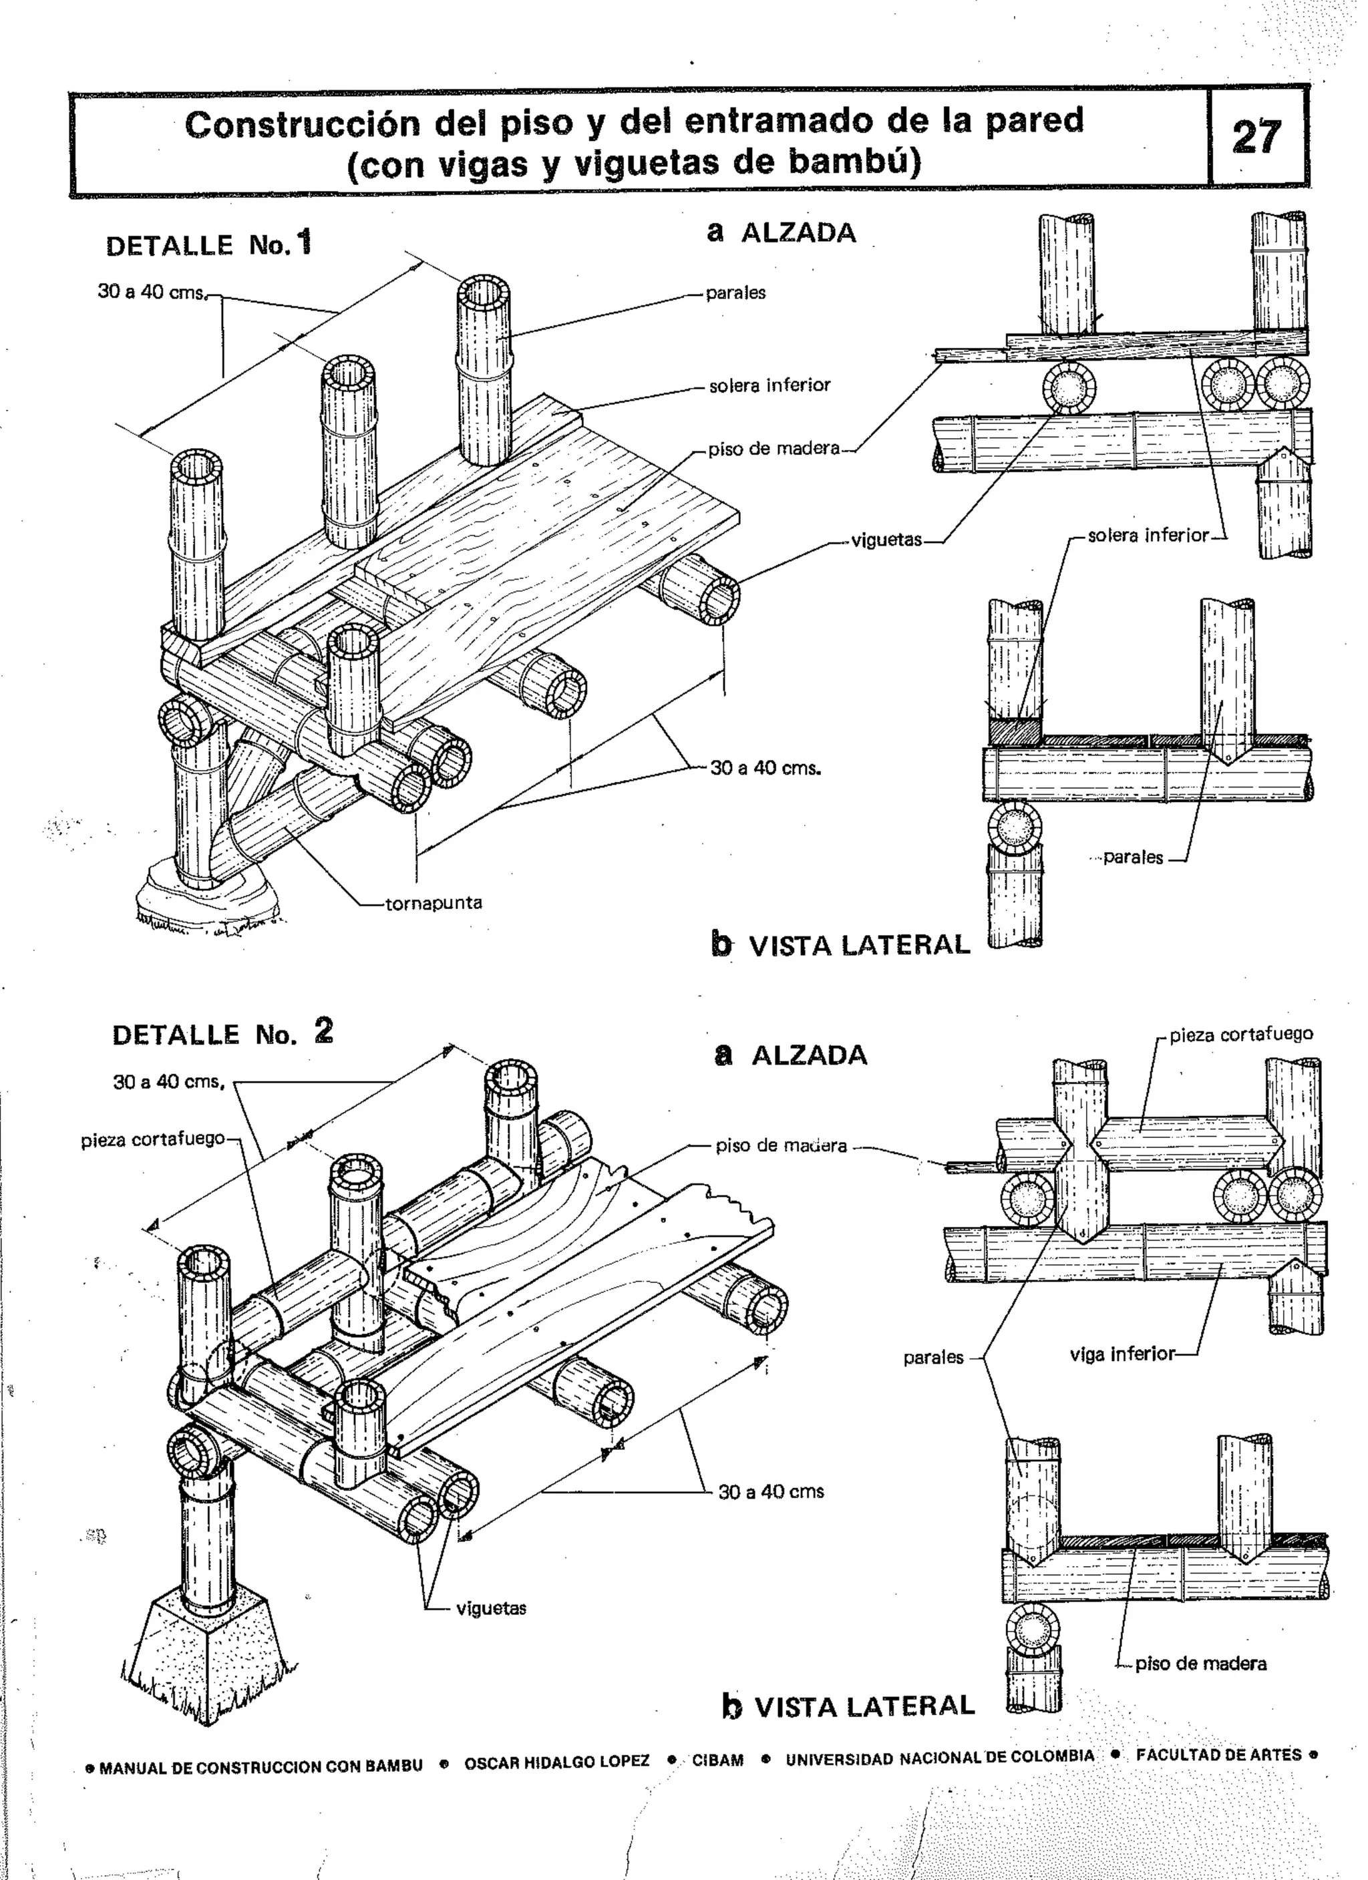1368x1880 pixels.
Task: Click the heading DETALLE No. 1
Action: [209, 244]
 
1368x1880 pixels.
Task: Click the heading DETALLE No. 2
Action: [222, 1034]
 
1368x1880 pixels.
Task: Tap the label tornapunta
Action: [434, 903]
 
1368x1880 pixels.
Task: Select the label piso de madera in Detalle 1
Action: [774, 449]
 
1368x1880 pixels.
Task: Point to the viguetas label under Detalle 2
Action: [491, 1608]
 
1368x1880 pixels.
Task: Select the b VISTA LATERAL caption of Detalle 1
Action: [841, 945]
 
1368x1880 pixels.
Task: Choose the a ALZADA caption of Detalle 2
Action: [791, 1055]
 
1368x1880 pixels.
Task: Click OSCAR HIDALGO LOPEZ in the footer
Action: [556, 1762]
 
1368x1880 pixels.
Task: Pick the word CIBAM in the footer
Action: [718, 1760]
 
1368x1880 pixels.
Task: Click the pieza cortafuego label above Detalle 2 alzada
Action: [1241, 1034]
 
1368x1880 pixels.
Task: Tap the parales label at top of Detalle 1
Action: [735, 293]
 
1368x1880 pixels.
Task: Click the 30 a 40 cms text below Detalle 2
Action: [771, 1491]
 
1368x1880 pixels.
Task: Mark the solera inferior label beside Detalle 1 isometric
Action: [769, 385]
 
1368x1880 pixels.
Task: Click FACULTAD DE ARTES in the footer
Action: [1219, 1755]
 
